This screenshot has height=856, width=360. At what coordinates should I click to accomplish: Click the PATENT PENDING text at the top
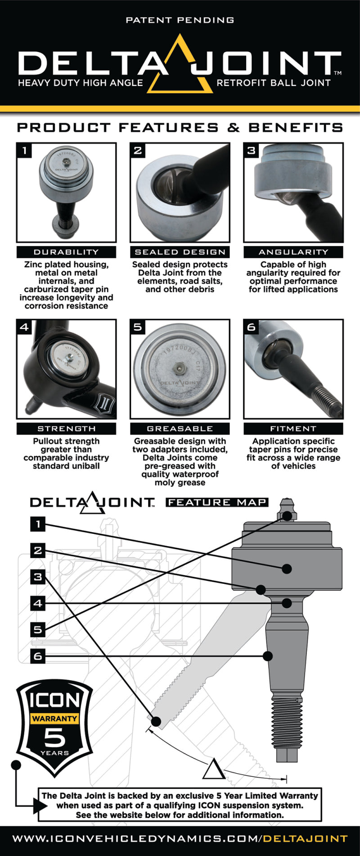pyautogui.click(x=180, y=20)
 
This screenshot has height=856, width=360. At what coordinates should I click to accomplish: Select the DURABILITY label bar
pyautogui.click(x=66, y=252)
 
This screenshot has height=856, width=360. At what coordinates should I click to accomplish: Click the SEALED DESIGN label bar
pyautogui.click(x=180, y=252)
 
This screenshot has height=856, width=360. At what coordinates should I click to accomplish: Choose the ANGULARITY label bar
pyautogui.click(x=293, y=252)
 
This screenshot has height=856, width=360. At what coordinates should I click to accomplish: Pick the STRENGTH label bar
pyautogui.click(x=66, y=429)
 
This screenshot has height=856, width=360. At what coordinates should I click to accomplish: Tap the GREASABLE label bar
pyautogui.click(x=180, y=429)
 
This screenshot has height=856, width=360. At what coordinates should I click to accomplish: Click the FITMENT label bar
pyautogui.click(x=293, y=429)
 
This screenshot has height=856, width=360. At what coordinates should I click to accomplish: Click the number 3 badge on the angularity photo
pyautogui.click(x=251, y=150)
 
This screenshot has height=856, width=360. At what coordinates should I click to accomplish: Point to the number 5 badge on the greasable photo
pyautogui.click(x=138, y=327)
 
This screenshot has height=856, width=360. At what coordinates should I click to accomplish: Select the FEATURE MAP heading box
pyautogui.click(x=217, y=502)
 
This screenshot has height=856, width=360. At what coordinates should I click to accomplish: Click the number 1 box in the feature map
pyautogui.click(x=38, y=524)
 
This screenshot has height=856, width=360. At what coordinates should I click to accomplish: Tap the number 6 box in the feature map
pyautogui.click(x=38, y=656)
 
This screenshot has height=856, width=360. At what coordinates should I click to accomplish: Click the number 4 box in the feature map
pyautogui.click(x=38, y=603)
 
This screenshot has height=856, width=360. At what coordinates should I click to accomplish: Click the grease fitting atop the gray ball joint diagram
pyautogui.click(x=287, y=508)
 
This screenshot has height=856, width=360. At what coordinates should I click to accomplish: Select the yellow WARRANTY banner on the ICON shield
pyautogui.click(x=54, y=718)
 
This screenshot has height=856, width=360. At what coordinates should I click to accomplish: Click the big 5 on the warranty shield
pyautogui.click(x=54, y=737)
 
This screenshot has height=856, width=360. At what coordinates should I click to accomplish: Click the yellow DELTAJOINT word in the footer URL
pyautogui.click(x=305, y=838)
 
